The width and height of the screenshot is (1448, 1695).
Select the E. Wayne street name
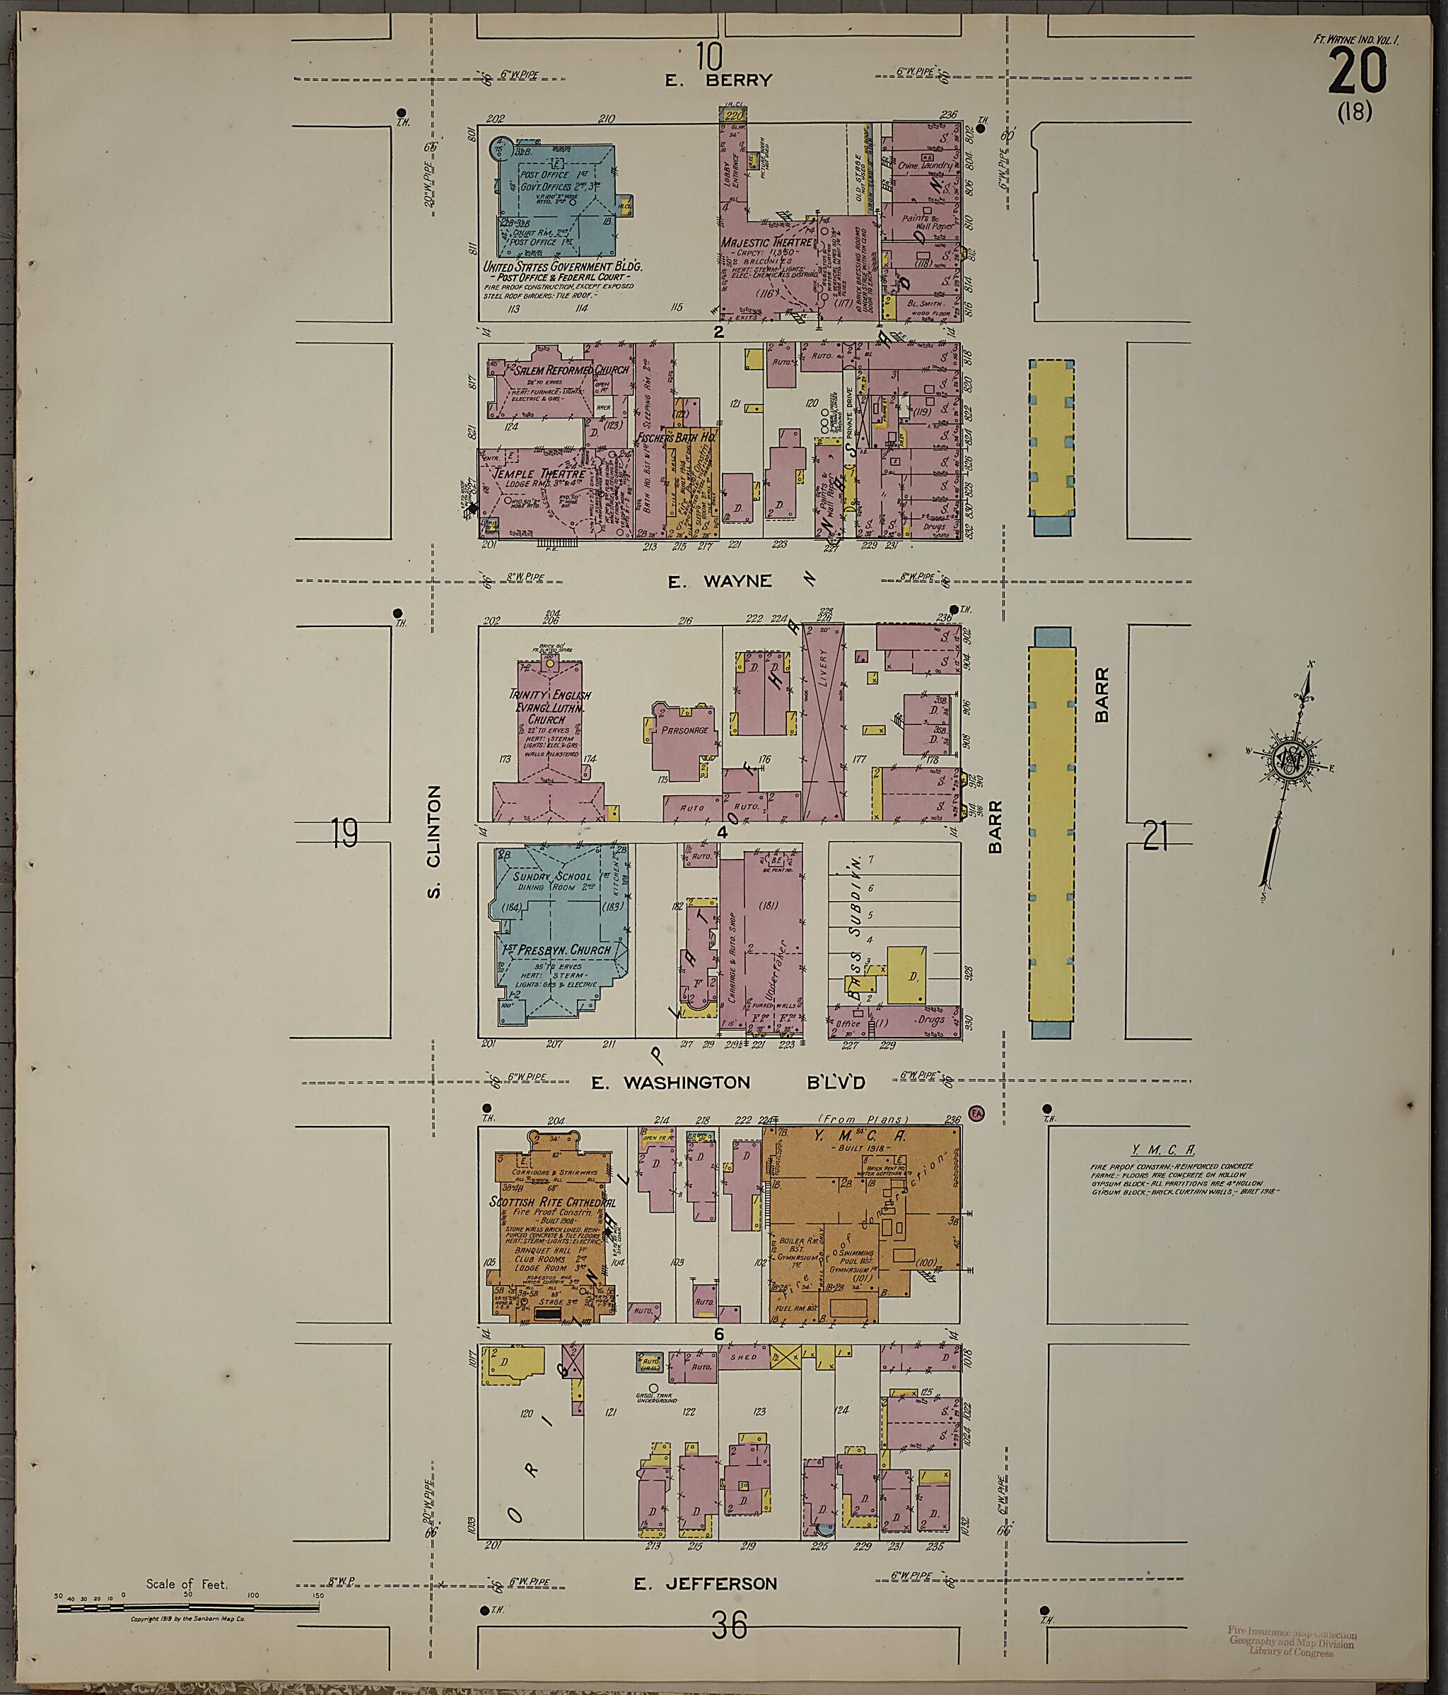click(x=719, y=581)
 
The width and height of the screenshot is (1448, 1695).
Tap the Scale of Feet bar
click(x=187, y=1607)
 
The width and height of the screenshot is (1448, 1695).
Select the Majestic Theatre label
click(x=766, y=242)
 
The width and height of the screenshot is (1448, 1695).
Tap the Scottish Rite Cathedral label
click(x=552, y=1203)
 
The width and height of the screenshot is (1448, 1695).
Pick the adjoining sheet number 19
click(x=345, y=833)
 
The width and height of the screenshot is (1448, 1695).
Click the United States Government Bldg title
click(x=562, y=266)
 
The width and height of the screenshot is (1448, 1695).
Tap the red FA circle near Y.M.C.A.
click(x=975, y=1113)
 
